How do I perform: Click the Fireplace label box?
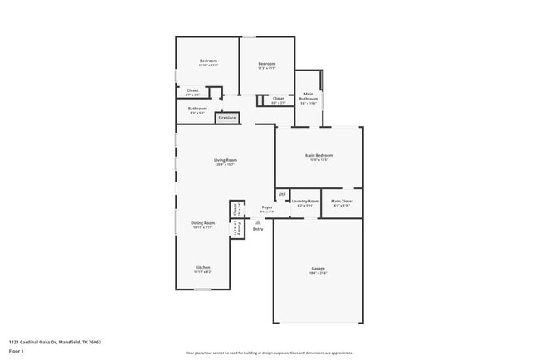(x=227, y=118)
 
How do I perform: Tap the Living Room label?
(x=226, y=162)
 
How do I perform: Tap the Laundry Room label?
(x=306, y=202)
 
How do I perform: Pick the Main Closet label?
(x=342, y=202)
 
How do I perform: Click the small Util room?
(x=282, y=195)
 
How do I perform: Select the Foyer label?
(x=267, y=208)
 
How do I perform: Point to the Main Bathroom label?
(x=308, y=98)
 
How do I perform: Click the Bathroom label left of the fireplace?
(x=197, y=109)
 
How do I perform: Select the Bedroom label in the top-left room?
(x=208, y=62)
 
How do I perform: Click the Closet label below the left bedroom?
(x=192, y=91)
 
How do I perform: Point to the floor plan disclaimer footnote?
(x=269, y=353)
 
